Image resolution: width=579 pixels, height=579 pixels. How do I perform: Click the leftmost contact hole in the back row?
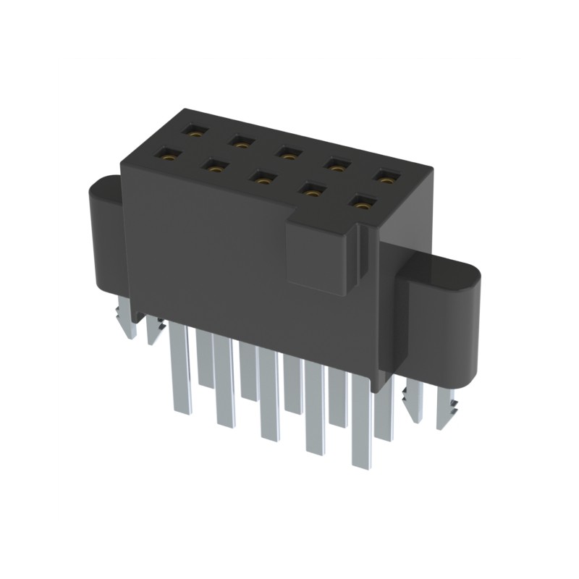click(195, 132)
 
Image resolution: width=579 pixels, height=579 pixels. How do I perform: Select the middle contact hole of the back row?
click(288, 153)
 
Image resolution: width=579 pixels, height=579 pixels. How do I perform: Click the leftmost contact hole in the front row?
click(171, 153)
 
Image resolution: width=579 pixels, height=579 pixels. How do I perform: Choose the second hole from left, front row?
click(215, 165)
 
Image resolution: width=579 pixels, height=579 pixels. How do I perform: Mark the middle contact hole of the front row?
click(261, 177)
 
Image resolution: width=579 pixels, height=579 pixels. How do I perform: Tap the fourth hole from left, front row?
click(310, 190)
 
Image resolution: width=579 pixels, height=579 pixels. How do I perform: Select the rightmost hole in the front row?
click(361, 203)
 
